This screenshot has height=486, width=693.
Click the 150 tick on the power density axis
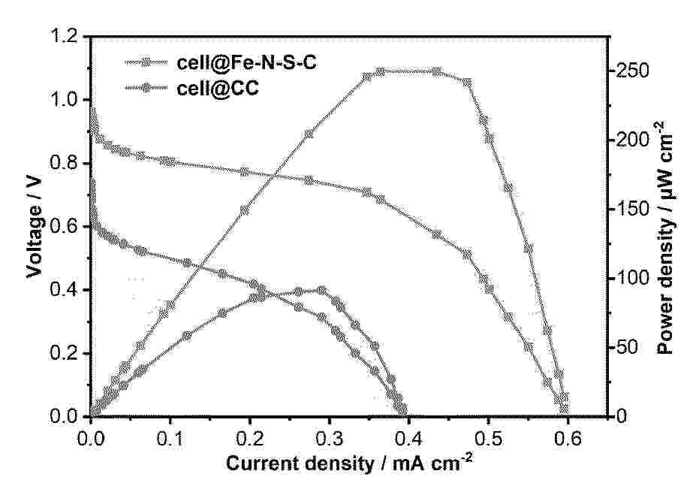(634, 210)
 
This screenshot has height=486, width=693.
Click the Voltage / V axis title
(35, 226)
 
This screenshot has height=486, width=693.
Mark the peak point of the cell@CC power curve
(322, 290)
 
